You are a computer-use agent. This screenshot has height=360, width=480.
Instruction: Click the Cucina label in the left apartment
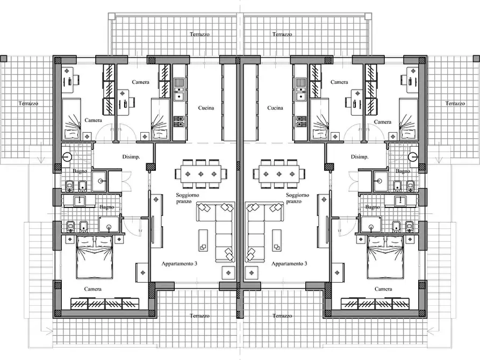pyautogui.click(x=206, y=108)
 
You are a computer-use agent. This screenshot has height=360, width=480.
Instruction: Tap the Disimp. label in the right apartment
pyautogui.click(x=360, y=157)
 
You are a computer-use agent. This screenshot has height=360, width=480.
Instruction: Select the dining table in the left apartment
pyautogui.click(x=201, y=174)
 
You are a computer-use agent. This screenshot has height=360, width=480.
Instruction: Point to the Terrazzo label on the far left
pyautogui.click(x=28, y=104)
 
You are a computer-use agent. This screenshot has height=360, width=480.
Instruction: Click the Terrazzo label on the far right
pyautogui.click(x=455, y=104)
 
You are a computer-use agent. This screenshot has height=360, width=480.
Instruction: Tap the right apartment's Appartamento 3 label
pyautogui.click(x=289, y=264)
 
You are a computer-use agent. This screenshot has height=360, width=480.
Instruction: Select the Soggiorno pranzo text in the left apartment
pyautogui.click(x=188, y=198)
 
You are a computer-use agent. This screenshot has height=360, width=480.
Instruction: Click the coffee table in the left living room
pyautogui.click(x=203, y=240)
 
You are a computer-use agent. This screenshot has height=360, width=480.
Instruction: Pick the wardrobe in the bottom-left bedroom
pyautogui.click(x=105, y=304)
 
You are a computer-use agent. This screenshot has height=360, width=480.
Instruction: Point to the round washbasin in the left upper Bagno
pyautogui.click(x=67, y=157)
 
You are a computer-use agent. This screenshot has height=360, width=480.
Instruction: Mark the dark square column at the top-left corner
pyautogui.click(x=3, y=59)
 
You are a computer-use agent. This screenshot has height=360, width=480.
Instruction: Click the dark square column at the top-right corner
pyautogui.click(x=477, y=59)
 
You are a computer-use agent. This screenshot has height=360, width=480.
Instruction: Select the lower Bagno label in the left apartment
pyautogui.click(x=106, y=207)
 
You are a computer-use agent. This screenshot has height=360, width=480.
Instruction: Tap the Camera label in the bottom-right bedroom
pyautogui.click(x=383, y=289)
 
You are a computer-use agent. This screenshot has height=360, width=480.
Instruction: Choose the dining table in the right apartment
pyautogui.click(x=279, y=174)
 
